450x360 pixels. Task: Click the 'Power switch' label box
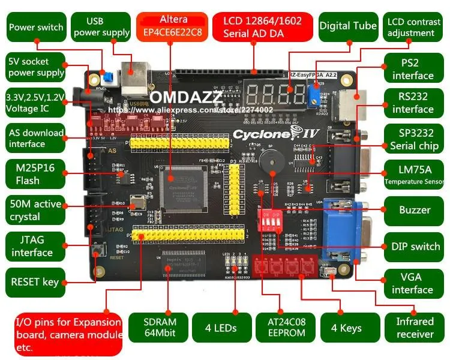(36, 27)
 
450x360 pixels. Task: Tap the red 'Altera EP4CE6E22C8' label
(173, 26)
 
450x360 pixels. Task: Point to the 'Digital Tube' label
(348, 26)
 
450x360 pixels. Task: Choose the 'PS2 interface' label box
(409, 69)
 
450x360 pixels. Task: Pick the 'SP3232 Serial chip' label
(413, 139)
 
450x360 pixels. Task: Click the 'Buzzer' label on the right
(415, 210)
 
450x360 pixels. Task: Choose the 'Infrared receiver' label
(415, 328)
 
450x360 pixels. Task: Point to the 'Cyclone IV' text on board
(261, 133)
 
